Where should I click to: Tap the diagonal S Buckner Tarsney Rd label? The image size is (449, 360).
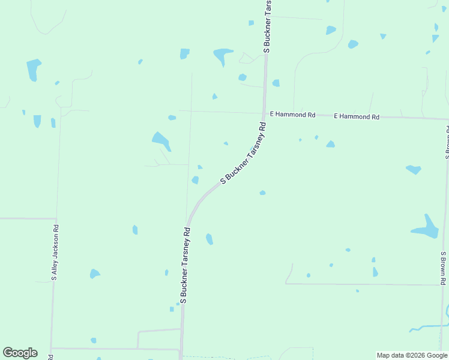coord(243,152)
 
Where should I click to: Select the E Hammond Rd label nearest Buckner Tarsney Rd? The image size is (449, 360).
coord(292,114)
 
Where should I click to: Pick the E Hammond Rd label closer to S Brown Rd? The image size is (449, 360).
coord(357,116)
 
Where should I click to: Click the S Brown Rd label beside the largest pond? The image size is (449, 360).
coord(442,268)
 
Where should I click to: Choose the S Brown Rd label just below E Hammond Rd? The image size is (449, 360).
coord(447,142)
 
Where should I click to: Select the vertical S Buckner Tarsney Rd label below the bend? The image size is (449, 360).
coord(184,265)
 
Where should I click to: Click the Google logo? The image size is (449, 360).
coord(20,353)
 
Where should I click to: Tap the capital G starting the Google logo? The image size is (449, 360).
coord(8,353)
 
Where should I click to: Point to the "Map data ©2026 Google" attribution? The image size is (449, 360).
coord(411,355)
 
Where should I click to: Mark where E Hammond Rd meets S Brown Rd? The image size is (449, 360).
coord(447,119)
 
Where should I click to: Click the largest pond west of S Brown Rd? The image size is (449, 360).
coord(427,228)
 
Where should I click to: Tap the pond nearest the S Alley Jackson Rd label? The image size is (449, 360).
coord(94,274)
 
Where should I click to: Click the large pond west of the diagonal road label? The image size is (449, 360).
coord(161,140)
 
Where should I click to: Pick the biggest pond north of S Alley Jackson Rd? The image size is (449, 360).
coord(33,69)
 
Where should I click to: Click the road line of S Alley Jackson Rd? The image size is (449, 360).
coord(52,300)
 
